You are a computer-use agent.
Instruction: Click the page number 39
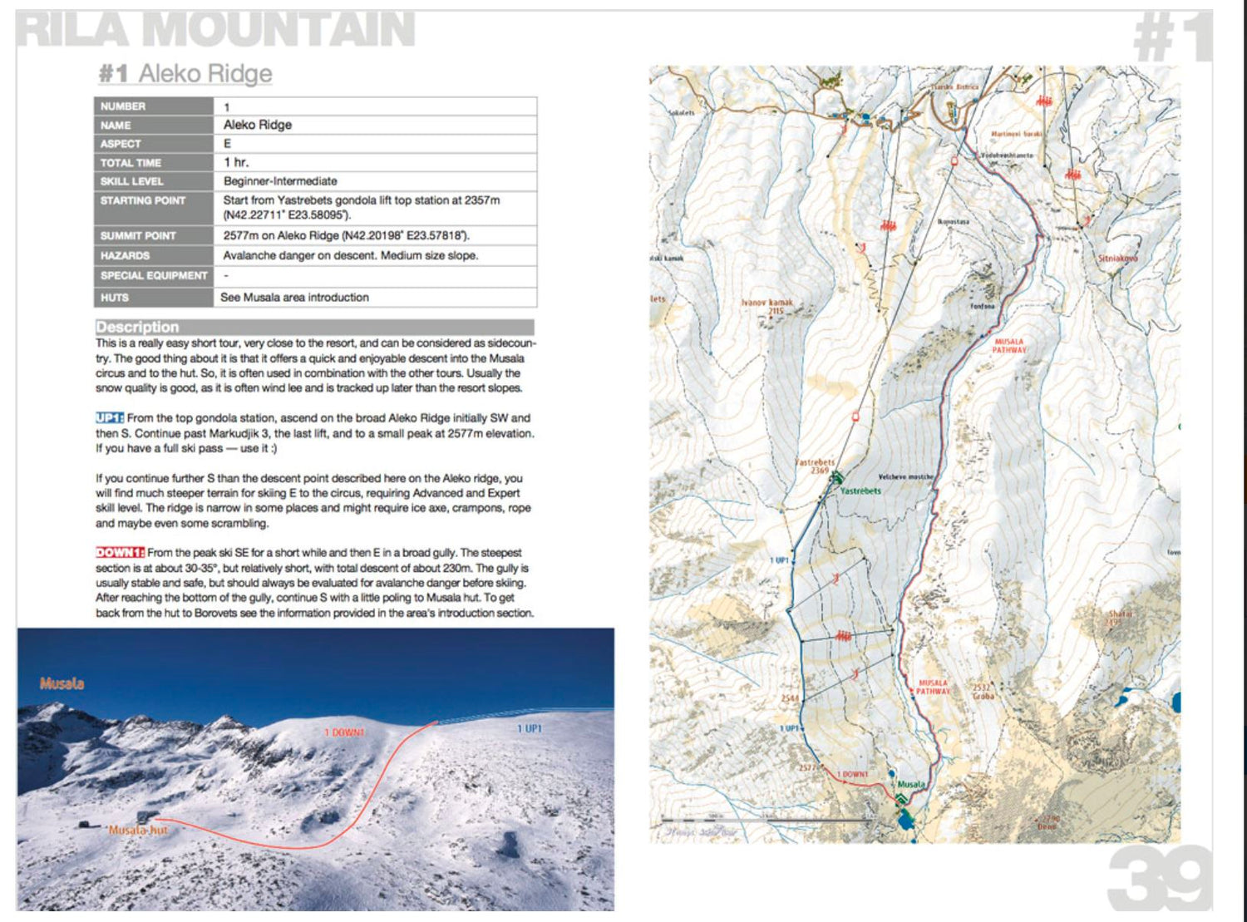(x=1160, y=880)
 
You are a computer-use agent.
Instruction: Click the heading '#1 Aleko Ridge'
(x=185, y=73)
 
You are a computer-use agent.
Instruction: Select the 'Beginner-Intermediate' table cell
(x=280, y=181)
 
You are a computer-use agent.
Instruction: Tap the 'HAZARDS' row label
(x=125, y=256)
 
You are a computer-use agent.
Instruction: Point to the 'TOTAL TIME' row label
(x=131, y=163)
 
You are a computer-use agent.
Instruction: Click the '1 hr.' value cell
(x=236, y=162)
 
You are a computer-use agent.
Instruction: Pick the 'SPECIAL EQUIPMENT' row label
(x=154, y=276)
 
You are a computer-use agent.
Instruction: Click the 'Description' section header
(x=137, y=327)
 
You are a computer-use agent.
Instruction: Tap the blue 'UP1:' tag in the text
(x=109, y=418)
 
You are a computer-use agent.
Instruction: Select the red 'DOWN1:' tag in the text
(x=120, y=553)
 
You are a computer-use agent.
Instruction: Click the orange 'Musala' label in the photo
(x=62, y=683)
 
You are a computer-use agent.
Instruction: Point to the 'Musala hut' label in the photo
(x=138, y=830)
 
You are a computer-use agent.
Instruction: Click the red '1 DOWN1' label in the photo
(x=343, y=732)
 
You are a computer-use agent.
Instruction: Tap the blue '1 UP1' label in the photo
(x=529, y=728)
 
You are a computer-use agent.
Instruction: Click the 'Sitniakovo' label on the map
(x=1117, y=259)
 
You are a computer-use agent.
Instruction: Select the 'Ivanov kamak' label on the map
(x=766, y=303)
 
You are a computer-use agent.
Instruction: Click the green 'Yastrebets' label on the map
(x=860, y=491)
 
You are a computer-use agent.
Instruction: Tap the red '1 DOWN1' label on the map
(x=852, y=774)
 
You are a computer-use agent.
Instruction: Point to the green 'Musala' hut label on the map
(x=910, y=784)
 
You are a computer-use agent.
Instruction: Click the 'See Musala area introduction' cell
(x=294, y=298)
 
